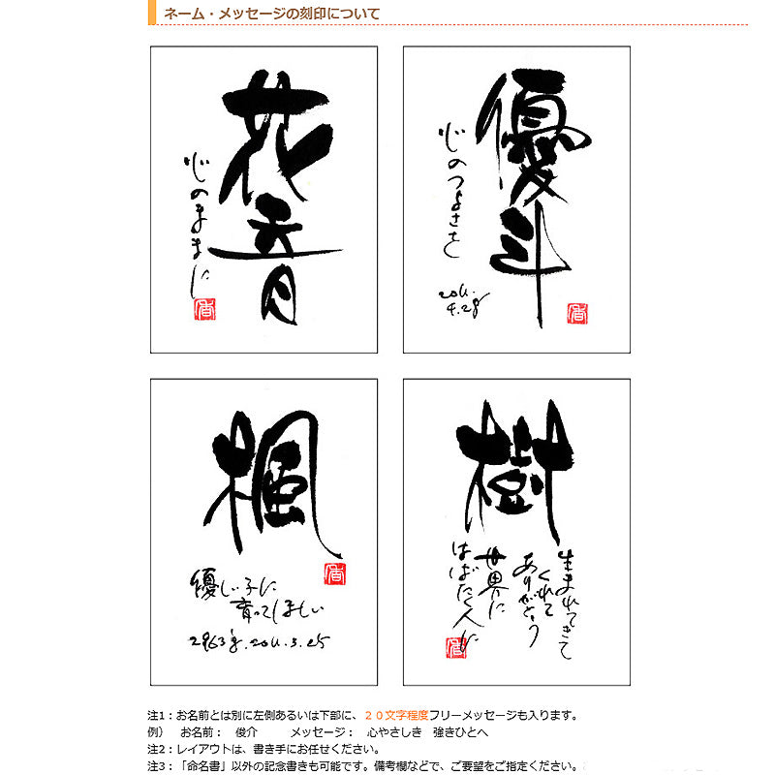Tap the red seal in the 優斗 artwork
pos(576,314)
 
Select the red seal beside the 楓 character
pos(332,573)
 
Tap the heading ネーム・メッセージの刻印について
pos(271,14)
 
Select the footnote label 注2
pos(157,749)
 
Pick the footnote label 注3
pos(157,765)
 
